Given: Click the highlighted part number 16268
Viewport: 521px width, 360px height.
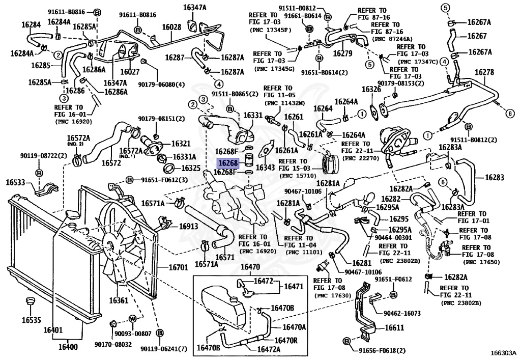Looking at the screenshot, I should click(227, 163).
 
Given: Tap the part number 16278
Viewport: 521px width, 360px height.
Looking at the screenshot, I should click(484, 72).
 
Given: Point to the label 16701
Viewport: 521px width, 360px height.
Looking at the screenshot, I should click(179, 267).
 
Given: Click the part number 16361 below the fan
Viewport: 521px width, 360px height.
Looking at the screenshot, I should click(119, 300).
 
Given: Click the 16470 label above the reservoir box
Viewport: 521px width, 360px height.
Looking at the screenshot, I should click(250, 267).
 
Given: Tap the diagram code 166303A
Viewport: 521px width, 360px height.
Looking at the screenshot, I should click(503, 352).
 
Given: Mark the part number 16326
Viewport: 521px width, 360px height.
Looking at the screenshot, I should click(371, 90).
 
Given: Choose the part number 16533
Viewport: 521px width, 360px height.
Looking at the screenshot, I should click(16, 182).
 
